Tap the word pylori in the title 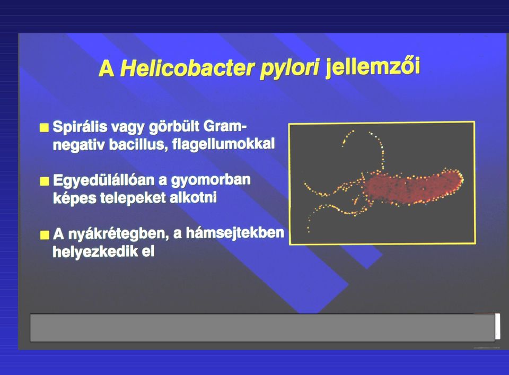[290, 69]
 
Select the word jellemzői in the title [373, 67]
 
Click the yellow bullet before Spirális [44, 128]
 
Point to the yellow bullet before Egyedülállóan [44, 181]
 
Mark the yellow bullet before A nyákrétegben [45, 234]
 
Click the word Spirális [80, 127]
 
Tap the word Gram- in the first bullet [225, 126]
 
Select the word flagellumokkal [224, 144]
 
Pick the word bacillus [138, 144]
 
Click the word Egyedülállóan [103, 180]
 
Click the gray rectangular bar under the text [262, 328]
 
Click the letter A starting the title [107, 69]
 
